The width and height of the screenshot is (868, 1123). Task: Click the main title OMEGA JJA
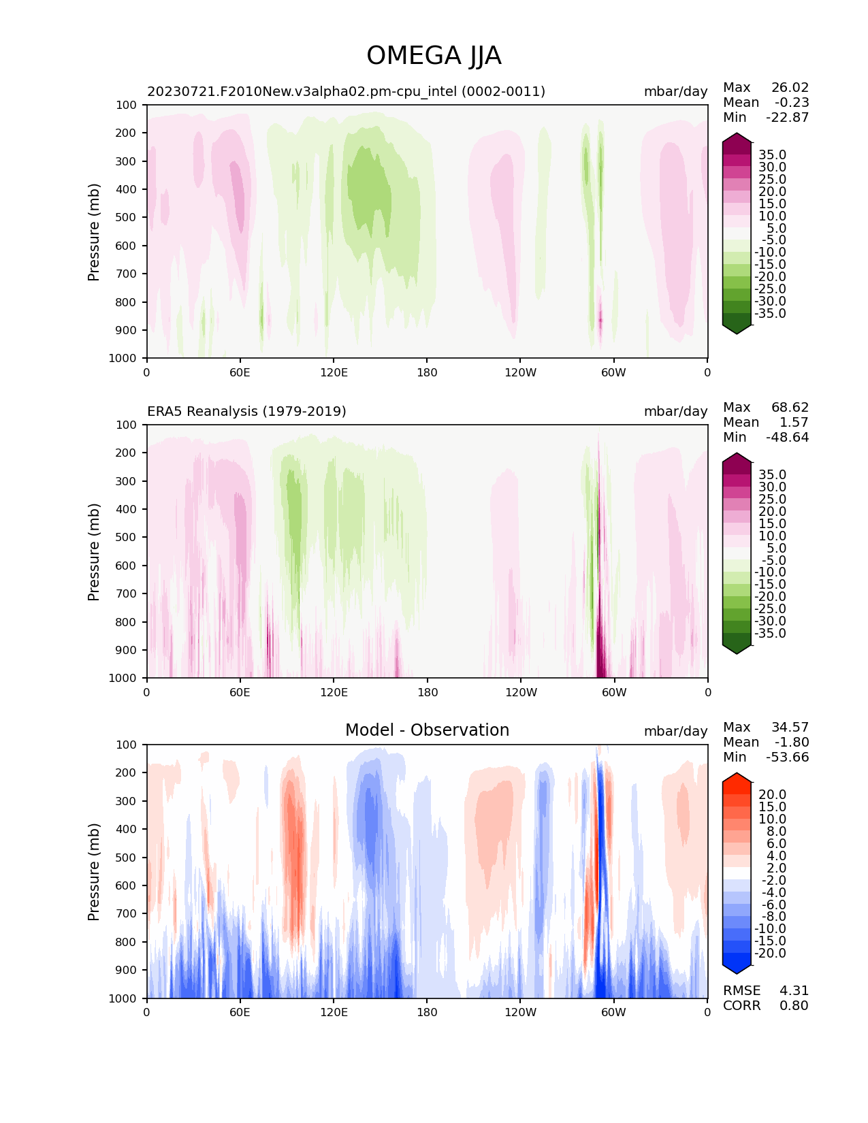pos(434,56)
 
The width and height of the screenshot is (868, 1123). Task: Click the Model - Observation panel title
pos(427,730)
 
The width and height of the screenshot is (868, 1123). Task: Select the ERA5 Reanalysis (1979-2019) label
pos(246,411)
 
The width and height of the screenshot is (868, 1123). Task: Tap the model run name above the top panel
pos(346,91)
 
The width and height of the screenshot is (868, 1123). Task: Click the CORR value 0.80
pos(794,1006)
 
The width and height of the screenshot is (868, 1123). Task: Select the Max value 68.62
pos(790,408)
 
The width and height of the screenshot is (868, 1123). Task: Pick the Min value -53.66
pos(788,758)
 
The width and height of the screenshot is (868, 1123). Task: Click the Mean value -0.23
pos(792,103)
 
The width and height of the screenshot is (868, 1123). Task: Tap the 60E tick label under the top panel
pos(240,372)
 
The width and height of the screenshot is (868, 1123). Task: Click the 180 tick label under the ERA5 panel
pos(427,692)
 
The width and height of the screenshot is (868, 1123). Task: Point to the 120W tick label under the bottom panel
pos(520,1012)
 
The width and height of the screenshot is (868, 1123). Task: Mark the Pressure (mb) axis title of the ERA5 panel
pos(94,551)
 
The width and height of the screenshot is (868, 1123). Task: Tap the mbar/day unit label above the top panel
pos(675,91)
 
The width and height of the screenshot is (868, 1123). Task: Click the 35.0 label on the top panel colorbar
pos(772,155)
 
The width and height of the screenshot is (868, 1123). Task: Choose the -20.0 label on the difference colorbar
pos(770,954)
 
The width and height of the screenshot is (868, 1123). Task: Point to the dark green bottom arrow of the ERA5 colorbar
pos(737,649)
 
